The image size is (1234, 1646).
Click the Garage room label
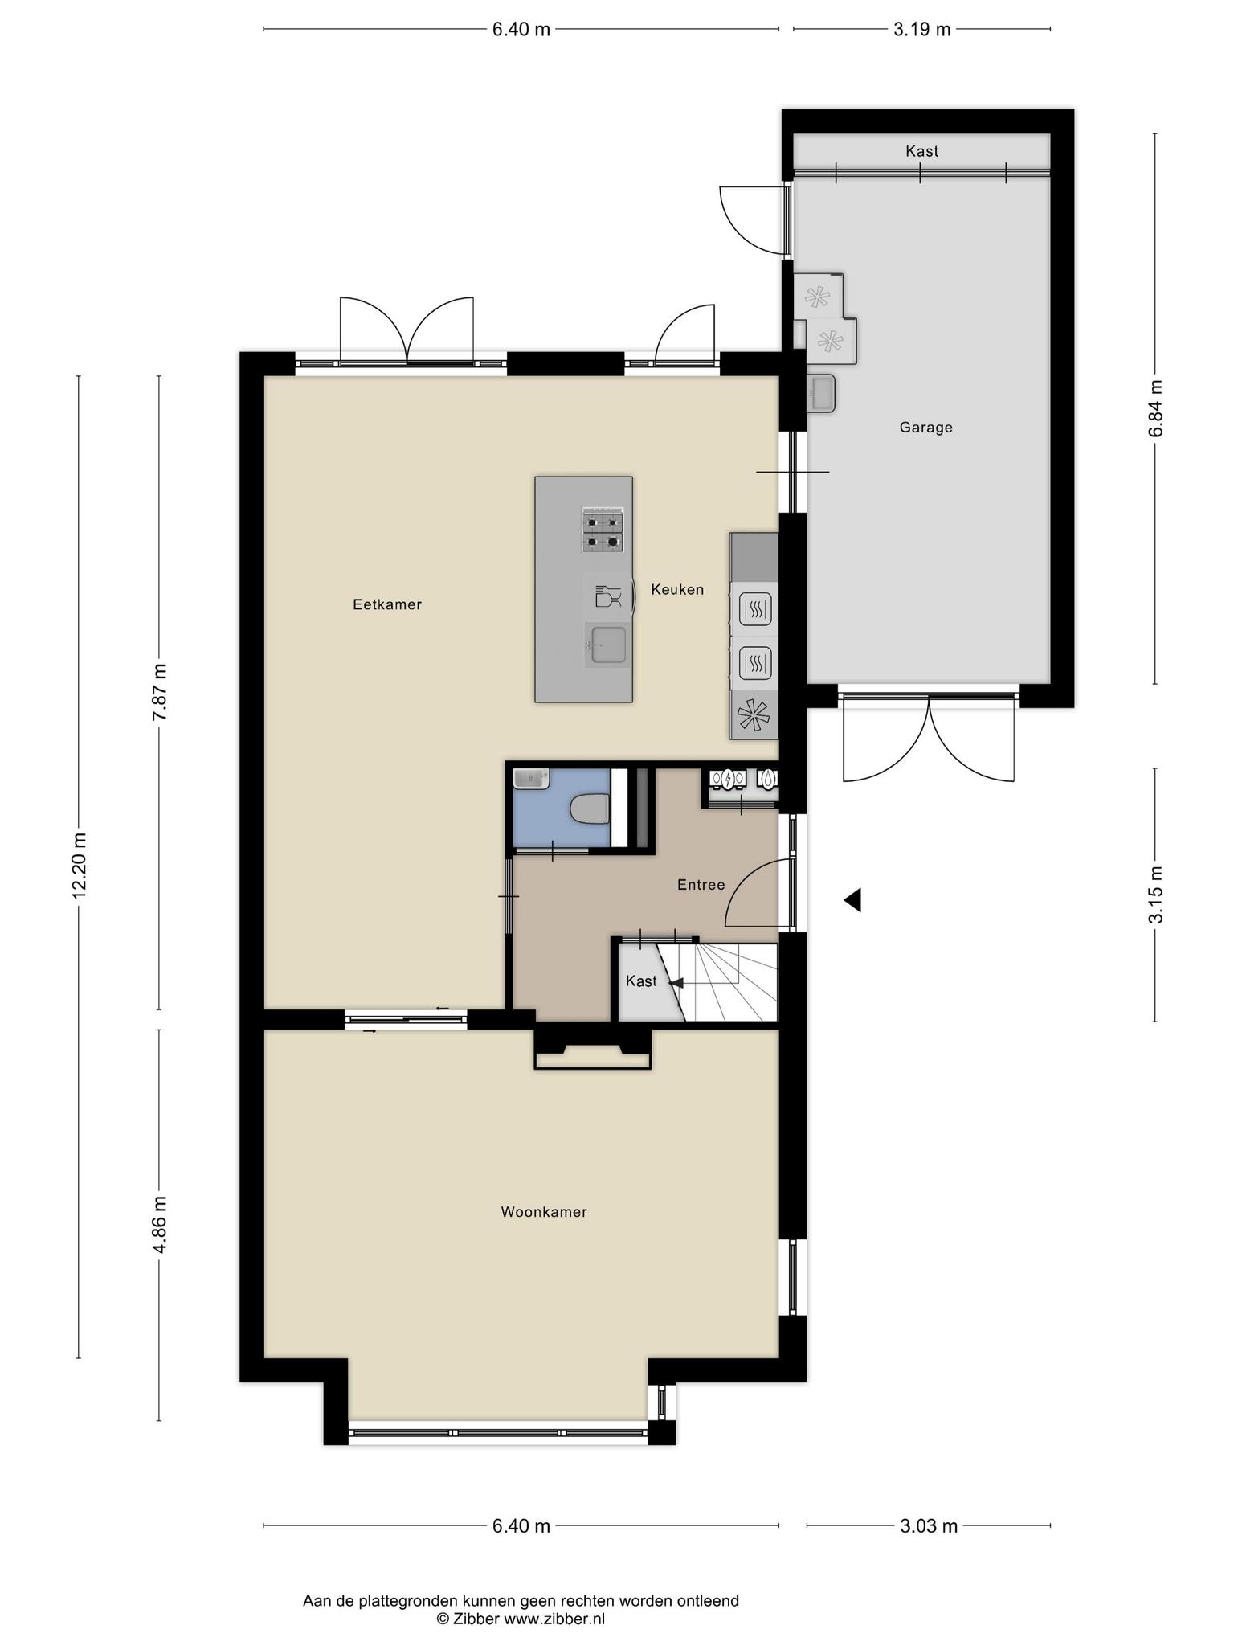[925, 428]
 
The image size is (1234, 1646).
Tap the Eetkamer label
[387, 604]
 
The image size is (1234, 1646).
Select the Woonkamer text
[544, 1211]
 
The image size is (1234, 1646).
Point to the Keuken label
[677, 589]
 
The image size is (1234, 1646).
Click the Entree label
[701, 885]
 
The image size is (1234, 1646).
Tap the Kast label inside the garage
[921, 151]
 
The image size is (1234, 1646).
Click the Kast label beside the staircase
[641, 981]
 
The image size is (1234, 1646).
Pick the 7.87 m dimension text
[159, 692]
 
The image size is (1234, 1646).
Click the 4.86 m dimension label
[159, 1224]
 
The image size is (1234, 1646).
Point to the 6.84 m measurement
[1155, 408]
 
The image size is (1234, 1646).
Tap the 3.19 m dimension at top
[921, 30]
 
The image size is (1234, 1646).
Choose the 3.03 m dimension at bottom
[929, 1525]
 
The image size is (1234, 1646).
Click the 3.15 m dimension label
[1155, 895]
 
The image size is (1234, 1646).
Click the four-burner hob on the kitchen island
[603, 530]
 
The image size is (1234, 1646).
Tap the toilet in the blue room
[589, 809]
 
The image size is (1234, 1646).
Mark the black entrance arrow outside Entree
[852, 900]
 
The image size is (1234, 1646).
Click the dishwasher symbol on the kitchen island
[607, 596]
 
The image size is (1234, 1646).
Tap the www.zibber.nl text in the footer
[554, 1596]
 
